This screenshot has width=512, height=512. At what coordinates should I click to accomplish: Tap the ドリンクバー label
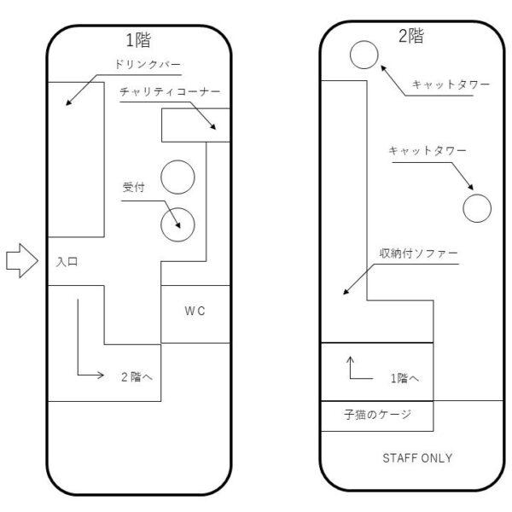click(149, 65)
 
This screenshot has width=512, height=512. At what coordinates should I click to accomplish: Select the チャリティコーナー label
click(171, 90)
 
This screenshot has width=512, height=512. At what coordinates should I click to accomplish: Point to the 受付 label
click(133, 187)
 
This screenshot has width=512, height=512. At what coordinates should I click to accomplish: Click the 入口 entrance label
click(67, 263)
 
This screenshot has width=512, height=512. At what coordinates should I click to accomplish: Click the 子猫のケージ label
click(377, 416)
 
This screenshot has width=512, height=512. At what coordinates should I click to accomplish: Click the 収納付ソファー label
click(419, 254)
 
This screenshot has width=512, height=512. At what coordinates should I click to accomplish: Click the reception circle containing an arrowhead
click(178, 224)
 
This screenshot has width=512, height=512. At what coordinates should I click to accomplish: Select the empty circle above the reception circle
click(178, 177)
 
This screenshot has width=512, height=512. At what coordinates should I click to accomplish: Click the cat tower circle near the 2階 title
click(364, 55)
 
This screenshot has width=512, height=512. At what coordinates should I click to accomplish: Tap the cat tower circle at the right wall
click(476, 207)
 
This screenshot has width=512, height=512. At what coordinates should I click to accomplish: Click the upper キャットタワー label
click(451, 84)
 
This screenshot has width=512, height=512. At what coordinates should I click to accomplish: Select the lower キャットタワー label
click(427, 150)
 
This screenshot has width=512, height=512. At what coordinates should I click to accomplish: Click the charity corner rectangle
click(195, 125)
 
